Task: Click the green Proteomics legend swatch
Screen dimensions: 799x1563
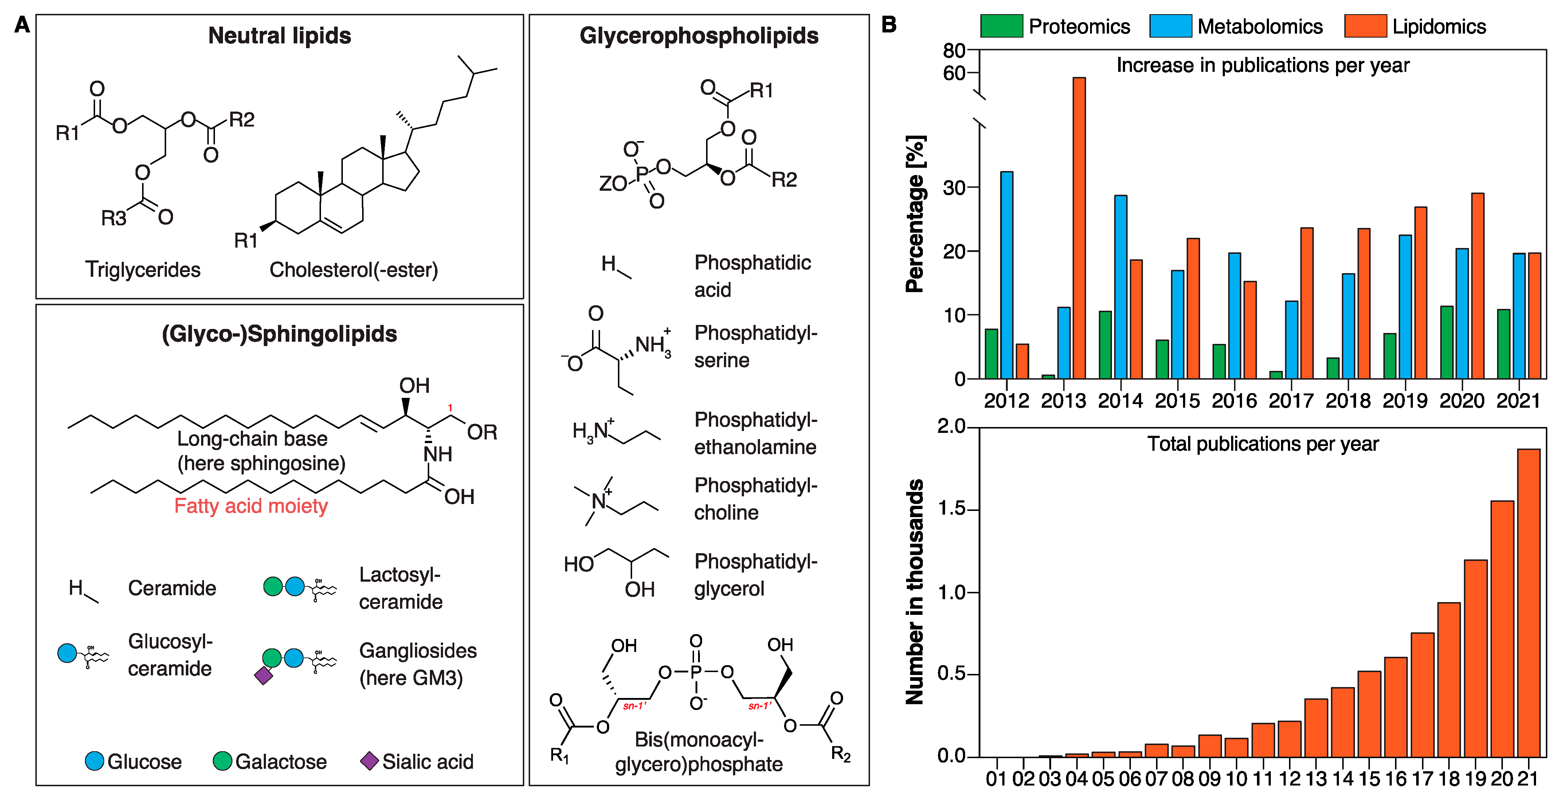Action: click(1001, 26)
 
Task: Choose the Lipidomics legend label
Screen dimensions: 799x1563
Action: click(1439, 27)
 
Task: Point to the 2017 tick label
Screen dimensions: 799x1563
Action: click(1291, 401)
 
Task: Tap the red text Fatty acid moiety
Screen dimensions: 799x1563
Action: click(251, 506)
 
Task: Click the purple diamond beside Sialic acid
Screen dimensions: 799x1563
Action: click(369, 761)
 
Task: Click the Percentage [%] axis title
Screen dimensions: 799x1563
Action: click(915, 214)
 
